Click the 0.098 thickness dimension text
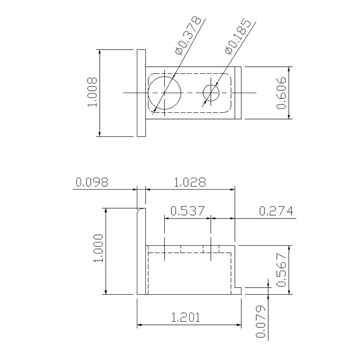pyautogui.click(x=92, y=182)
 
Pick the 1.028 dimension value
pyautogui.click(x=190, y=182)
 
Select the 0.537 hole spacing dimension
pyautogui.click(x=188, y=211)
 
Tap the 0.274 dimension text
pyautogui.click(x=276, y=211)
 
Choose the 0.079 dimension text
pyautogui.click(x=261, y=321)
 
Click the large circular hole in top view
pyautogui.click(x=165, y=92)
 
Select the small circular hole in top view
pyautogui.click(x=211, y=92)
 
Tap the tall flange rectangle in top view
pyautogui.click(x=141, y=92)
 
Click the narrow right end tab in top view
pyautogui.click(x=238, y=92)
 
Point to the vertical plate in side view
pyautogui.click(x=141, y=254)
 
